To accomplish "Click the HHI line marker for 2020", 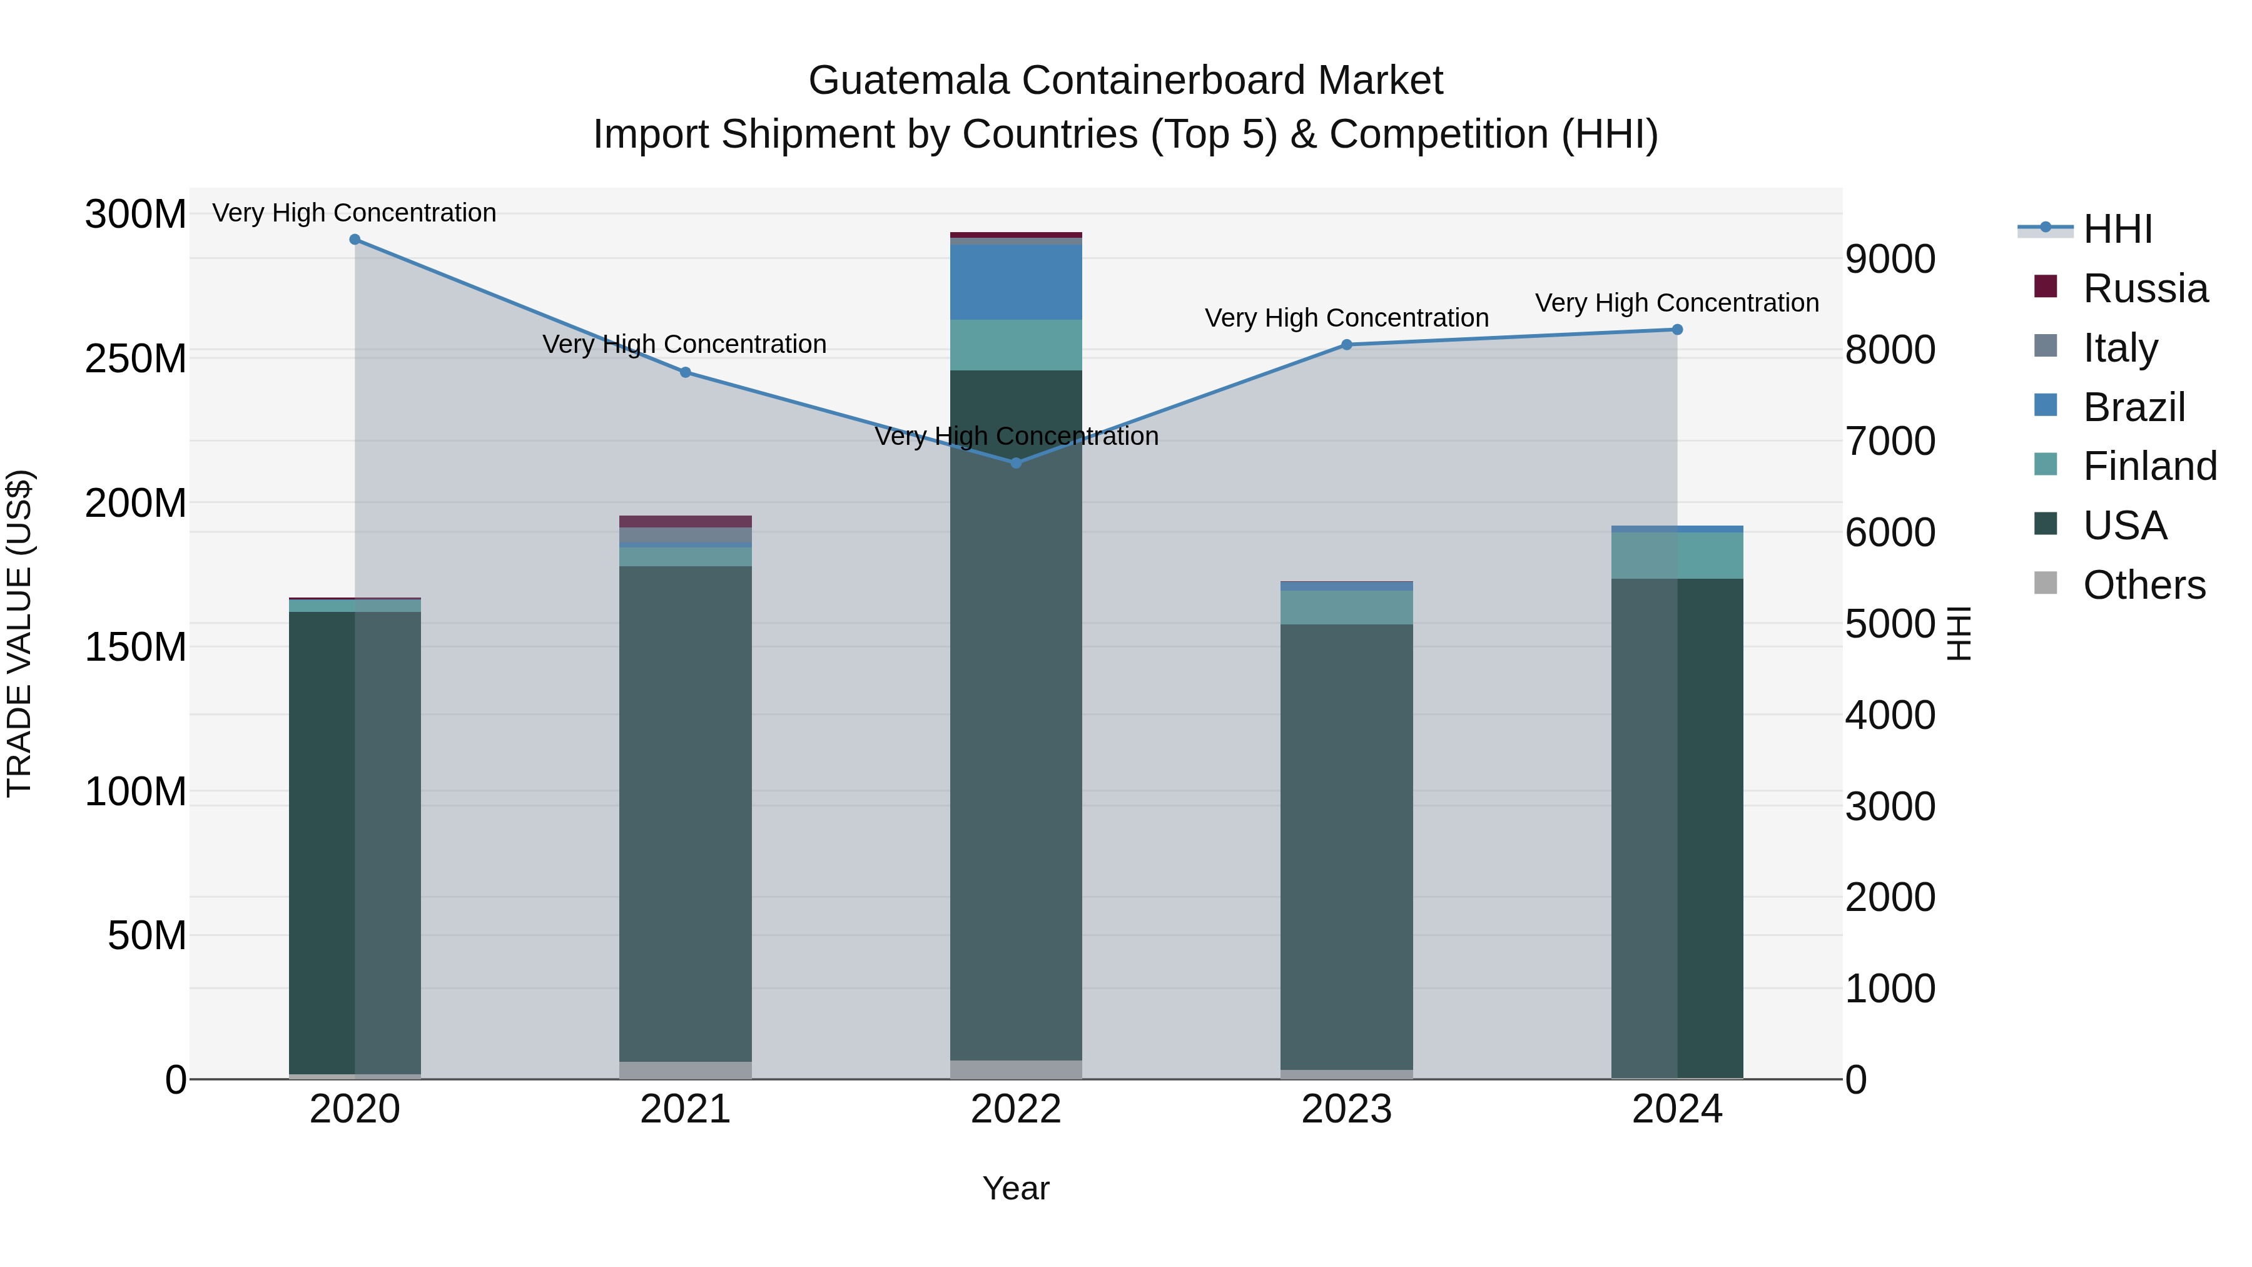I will (x=355, y=240).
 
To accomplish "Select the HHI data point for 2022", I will (x=1016, y=462).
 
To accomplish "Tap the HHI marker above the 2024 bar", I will (x=1676, y=330).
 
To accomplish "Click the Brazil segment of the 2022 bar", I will (x=1016, y=282).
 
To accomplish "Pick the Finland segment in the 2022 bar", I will (x=1016, y=345).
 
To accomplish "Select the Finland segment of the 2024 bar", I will (x=1676, y=555).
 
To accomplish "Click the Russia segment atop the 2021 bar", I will (x=686, y=521).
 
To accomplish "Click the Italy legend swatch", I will (x=2046, y=345).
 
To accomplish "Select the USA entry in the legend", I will (x=2124, y=526).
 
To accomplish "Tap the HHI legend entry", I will (x=2116, y=229).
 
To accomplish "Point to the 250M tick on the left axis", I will (x=136, y=359).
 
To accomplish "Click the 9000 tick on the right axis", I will (x=1890, y=260).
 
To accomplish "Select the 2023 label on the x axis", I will (x=1346, y=1109).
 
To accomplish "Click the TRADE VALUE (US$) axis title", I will (x=19, y=633).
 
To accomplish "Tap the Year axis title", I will (x=1016, y=1188).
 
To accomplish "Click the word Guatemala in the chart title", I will (x=908, y=81).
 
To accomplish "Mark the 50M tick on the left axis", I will (x=147, y=935).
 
